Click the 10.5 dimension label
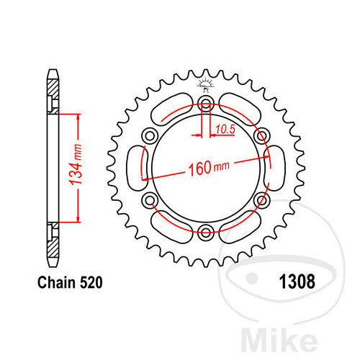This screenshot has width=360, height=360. [x=225, y=130]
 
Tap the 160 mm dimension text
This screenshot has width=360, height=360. [x=208, y=168]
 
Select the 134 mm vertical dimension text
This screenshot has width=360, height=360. [x=76, y=165]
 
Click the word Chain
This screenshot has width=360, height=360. [x=56, y=282]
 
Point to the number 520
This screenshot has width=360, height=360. [x=91, y=282]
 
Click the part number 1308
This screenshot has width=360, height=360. [x=297, y=282]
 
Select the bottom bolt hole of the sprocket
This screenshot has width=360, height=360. [x=206, y=232]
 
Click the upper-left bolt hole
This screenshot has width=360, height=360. [x=150, y=136]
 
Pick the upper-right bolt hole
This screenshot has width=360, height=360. [x=261, y=136]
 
